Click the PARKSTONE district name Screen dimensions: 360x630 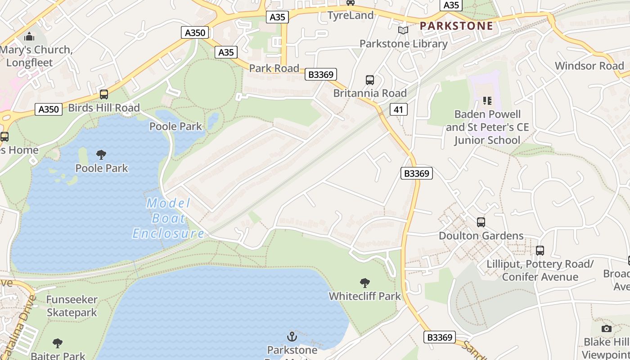456,26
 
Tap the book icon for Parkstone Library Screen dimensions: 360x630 403,31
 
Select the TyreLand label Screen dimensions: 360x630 351,15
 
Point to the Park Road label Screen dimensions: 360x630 274,68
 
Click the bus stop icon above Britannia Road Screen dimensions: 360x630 370,80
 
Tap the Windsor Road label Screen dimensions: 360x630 589,66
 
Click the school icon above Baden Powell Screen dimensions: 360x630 487,101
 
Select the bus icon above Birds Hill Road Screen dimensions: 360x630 104,94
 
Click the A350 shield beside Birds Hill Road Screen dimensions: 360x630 49,109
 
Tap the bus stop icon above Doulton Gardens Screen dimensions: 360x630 481,222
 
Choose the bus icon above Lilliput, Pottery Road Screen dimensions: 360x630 540,251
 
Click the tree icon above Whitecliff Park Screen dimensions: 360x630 365,283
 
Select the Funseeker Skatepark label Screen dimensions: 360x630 72,306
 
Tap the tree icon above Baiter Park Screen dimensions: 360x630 58,344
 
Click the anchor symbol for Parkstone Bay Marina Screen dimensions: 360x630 292,336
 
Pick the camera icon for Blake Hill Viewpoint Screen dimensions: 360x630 607,328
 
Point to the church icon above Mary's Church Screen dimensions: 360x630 29,36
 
